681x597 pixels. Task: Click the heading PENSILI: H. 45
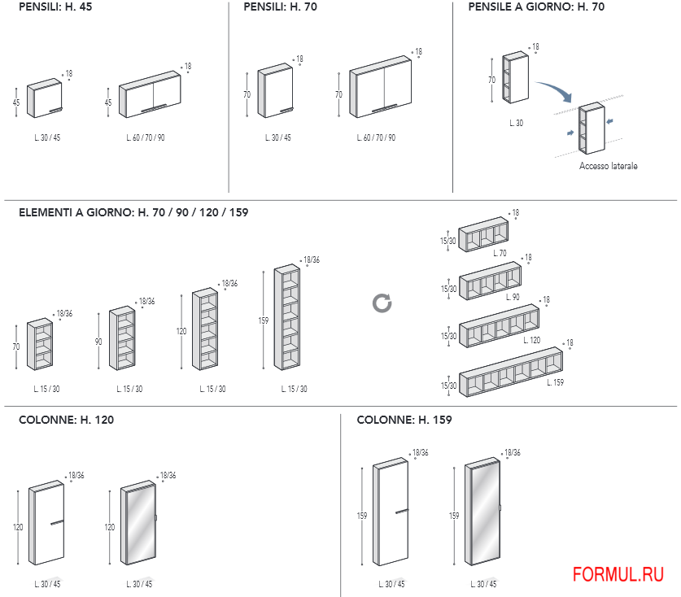point(55,7)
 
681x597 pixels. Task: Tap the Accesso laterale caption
point(608,166)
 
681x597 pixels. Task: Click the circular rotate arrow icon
point(382,303)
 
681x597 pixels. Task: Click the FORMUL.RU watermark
point(618,575)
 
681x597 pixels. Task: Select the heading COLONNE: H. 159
point(404,421)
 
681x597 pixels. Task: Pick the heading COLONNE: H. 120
point(66,421)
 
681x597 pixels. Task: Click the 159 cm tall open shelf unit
point(287,318)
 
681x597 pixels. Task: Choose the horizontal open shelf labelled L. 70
point(483,235)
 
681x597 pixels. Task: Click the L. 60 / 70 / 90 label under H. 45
point(146,138)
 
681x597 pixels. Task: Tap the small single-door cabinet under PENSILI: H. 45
point(44,99)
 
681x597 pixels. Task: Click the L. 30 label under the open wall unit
point(516,124)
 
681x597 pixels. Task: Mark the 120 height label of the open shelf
point(181,332)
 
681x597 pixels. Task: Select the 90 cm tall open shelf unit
point(122,339)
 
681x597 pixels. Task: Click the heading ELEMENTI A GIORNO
point(133,212)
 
